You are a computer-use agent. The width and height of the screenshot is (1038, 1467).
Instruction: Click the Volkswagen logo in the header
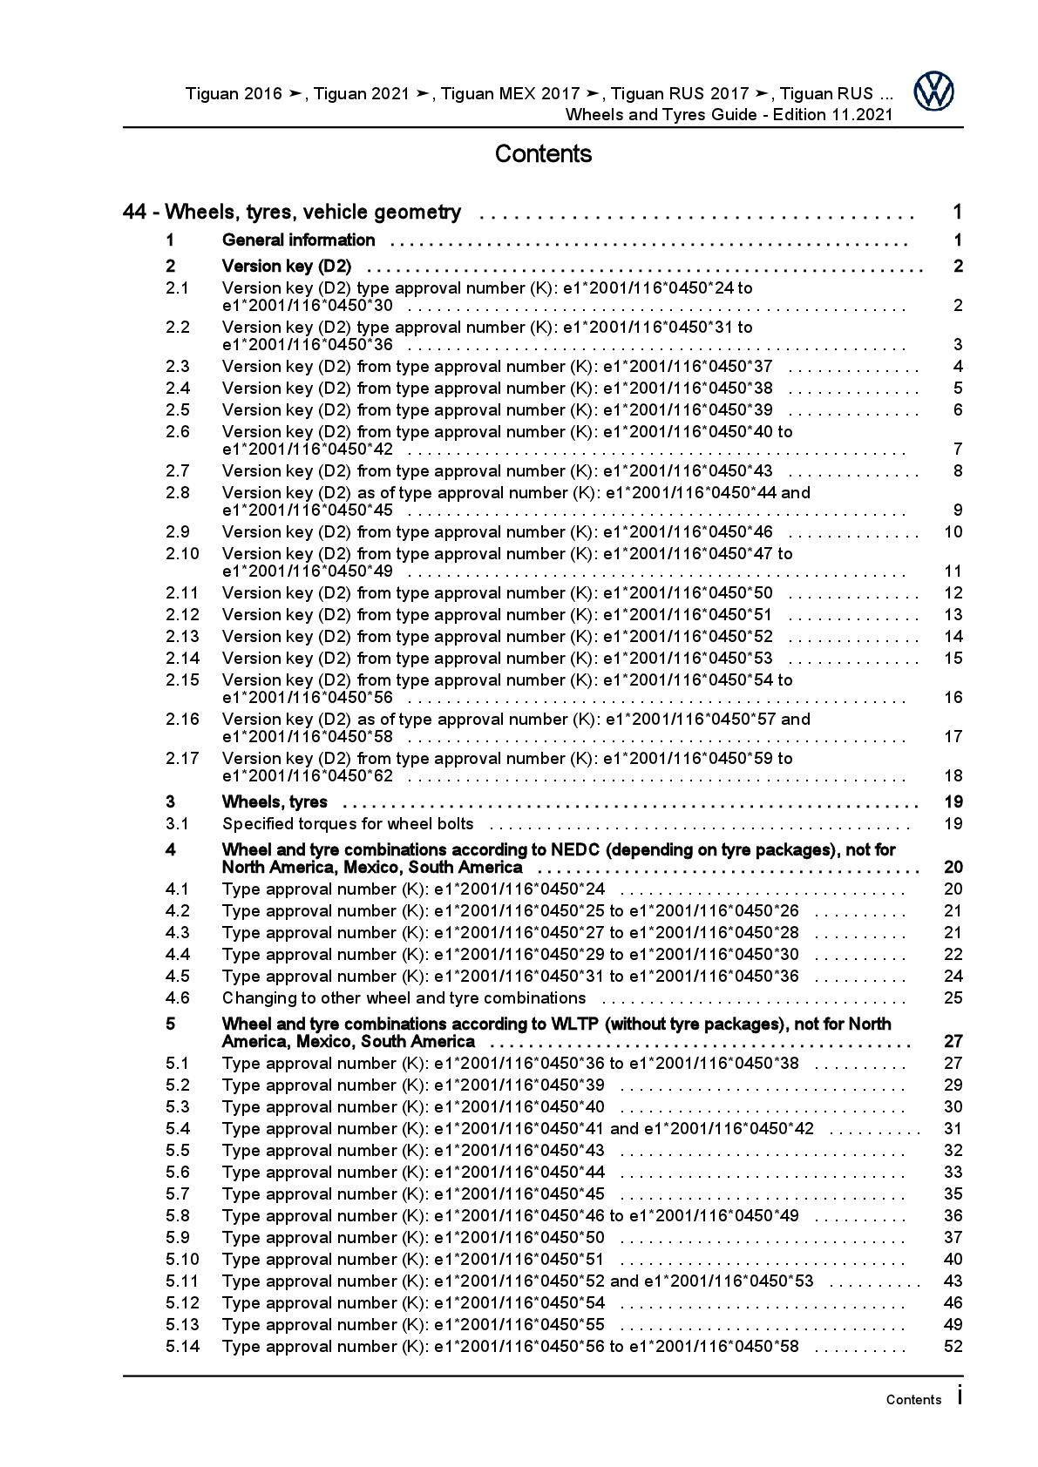(933, 91)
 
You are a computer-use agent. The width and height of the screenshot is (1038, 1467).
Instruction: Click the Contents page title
(543, 154)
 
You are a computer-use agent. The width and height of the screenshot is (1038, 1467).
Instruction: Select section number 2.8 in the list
(178, 493)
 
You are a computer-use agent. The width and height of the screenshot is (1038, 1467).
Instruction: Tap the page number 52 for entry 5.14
(953, 1347)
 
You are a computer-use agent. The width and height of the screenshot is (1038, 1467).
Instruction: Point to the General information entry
(299, 240)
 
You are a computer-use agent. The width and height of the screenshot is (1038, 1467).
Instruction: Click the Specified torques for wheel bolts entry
(348, 824)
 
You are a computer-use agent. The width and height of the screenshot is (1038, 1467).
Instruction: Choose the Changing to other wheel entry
(404, 998)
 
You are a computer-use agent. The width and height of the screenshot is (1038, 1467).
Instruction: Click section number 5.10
(182, 1260)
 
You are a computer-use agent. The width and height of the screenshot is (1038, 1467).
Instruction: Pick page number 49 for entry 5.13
(953, 1325)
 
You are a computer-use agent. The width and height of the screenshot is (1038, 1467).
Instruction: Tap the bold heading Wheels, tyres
(275, 802)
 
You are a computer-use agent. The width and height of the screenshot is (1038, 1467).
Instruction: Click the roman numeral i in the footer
(960, 1396)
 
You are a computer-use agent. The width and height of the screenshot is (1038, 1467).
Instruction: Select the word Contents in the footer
(913, 1400)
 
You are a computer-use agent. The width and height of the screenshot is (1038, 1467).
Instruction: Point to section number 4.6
(178, 998)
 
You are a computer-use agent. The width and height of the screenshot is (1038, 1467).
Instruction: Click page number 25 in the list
(953, 998)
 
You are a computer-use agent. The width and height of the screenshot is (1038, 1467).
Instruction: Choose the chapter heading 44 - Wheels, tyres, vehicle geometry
(292, 212)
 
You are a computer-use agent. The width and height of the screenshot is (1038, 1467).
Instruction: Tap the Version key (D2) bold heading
(287, 267)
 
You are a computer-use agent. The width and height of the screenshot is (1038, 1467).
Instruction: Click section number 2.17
(182, 759)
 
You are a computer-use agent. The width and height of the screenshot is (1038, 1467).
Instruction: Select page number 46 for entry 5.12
(953, 1303)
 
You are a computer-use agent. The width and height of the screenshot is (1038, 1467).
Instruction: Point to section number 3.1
(178, 824)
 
